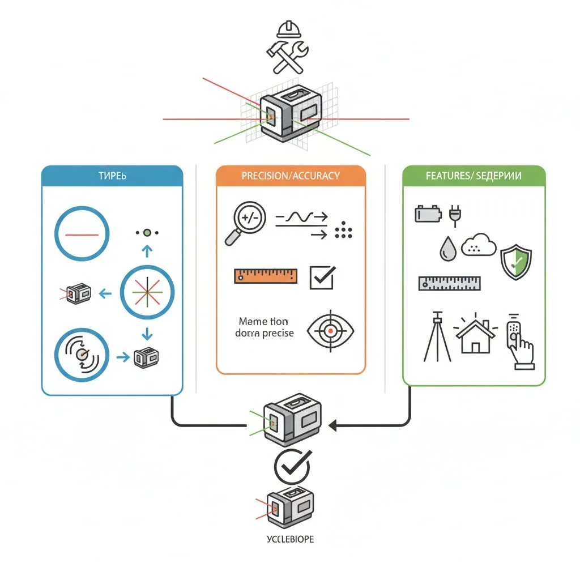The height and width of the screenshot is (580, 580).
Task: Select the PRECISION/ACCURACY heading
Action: [291, 176]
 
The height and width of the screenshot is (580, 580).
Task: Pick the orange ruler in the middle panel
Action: [266, 276]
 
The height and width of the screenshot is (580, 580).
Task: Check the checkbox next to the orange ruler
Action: [322, 277]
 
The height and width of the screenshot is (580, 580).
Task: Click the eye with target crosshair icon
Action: [330, 331]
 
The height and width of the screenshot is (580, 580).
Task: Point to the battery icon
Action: [427, 215]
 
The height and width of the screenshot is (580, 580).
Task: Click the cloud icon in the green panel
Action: [479, 245]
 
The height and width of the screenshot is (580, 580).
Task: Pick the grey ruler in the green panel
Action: [449, 283]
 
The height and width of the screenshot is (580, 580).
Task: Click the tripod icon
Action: [437, 336]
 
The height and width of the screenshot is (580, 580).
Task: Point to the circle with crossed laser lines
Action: [147, 292]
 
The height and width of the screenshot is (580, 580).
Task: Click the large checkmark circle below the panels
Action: [292, 467]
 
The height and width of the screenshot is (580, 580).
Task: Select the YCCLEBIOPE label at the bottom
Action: [289, 539]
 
